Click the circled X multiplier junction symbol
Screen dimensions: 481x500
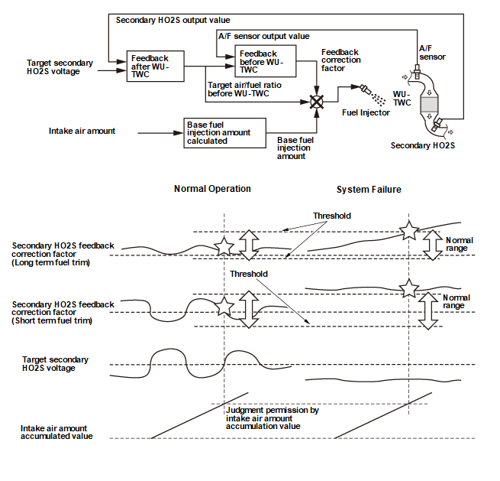[316, 101]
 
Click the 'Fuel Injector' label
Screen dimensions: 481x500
[366, 112]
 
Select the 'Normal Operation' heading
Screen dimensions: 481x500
[212, 189]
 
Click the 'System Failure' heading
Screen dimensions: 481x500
[369, 190]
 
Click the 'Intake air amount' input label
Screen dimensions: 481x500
[82, 131]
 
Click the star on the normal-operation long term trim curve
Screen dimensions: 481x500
[224, 245]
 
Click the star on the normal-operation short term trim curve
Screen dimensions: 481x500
[224, 307]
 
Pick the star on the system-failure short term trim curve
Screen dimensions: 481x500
[410, 288]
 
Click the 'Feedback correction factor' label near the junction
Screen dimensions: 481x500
[340, 60]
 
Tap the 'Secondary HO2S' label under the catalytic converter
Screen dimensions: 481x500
[422, 145]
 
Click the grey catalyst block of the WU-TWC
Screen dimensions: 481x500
[431, 102]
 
